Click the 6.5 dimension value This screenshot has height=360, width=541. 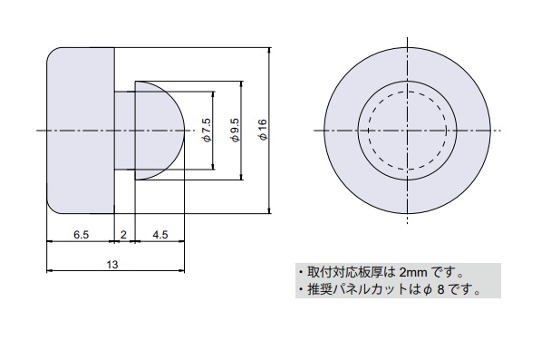(81, 235)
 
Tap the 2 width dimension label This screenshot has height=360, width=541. (123, 235)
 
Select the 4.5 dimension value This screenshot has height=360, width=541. (160, 235)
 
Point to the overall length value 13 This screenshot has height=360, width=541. (112, 265)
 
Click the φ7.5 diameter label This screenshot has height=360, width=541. (207, 130)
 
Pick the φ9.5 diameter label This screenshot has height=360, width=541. (236, 130)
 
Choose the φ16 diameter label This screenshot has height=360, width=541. (264, 130)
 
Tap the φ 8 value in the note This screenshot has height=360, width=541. (434, 289)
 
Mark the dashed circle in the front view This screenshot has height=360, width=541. (408, 92)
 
